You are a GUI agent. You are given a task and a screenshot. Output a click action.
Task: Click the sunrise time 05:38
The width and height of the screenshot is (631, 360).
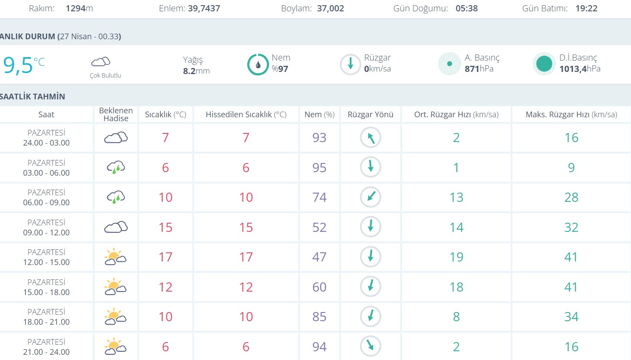coord(467,8)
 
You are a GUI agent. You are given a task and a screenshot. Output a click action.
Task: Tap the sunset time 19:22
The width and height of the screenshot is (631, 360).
coord(586,8)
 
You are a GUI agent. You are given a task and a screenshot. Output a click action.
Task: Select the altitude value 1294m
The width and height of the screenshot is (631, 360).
coord(79,8)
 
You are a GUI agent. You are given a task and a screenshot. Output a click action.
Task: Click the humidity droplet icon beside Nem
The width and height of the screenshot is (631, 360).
coord(258,65)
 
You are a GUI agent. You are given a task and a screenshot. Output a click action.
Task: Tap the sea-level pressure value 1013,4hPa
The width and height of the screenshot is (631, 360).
coord(580,69)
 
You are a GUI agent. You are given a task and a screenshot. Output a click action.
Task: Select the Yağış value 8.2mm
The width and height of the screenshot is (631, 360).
coord(196,71)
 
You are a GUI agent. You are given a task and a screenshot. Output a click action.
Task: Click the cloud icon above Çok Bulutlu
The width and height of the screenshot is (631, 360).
coord(101,61)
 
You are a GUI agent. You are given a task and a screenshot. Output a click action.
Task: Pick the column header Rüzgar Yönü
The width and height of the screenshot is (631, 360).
coord(371,115)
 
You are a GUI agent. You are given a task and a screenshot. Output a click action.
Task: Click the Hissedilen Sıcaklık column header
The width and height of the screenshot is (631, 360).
coord(246,115)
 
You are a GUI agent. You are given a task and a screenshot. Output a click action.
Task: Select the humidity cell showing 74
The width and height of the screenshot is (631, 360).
coord(319,197)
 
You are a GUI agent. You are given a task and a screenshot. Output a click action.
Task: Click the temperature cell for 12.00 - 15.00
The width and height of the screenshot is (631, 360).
coord(165,257)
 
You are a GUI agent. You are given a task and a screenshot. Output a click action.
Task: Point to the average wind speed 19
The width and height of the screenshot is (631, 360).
coord(456,257)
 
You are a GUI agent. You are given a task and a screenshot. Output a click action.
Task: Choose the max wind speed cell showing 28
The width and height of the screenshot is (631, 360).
coord(571,197)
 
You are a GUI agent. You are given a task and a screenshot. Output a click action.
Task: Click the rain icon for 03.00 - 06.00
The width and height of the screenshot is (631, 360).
coord(116,168)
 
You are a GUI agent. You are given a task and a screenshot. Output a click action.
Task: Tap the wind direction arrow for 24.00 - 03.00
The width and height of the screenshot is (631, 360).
coord(371,138)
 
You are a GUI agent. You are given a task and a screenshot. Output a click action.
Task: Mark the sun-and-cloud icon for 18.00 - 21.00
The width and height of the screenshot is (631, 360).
coord(116,317)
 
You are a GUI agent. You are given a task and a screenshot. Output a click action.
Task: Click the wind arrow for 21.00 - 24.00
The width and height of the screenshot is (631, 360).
coord(371,346)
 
